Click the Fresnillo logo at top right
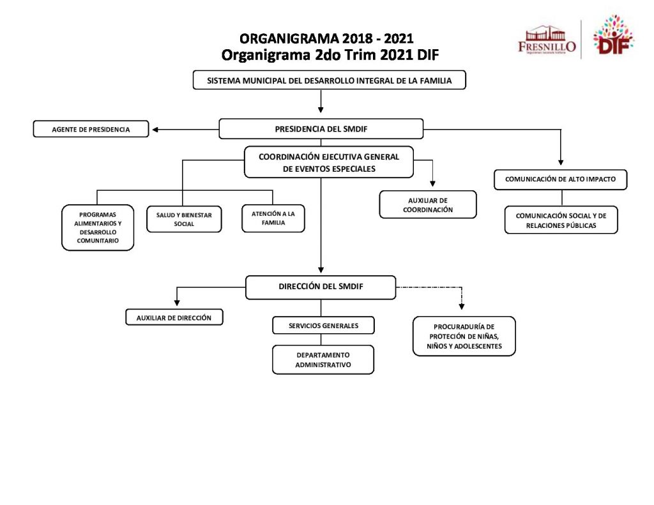547,40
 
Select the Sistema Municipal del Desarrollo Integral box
330,81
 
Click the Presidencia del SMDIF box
321,129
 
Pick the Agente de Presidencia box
91,130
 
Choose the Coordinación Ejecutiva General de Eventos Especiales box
329,163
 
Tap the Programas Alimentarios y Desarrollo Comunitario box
98,228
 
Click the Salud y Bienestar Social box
184,220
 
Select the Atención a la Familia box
273,219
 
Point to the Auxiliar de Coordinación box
428,205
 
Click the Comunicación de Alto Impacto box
560,179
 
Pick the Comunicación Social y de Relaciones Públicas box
561,220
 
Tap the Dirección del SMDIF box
321,287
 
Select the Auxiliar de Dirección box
174,317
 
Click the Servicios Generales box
323,326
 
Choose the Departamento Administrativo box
323,360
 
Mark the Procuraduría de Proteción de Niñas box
464,336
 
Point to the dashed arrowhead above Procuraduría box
462,305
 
